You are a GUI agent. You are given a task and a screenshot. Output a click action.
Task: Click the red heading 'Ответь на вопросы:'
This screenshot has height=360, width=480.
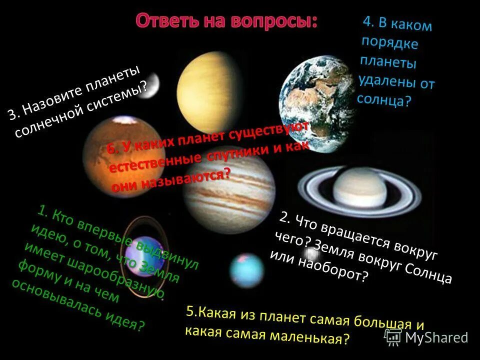point(226,21)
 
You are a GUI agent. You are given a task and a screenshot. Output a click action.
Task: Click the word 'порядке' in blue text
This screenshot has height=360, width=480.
point(390,42)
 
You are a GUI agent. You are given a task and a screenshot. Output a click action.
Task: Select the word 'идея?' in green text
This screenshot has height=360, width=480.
point(125,320)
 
